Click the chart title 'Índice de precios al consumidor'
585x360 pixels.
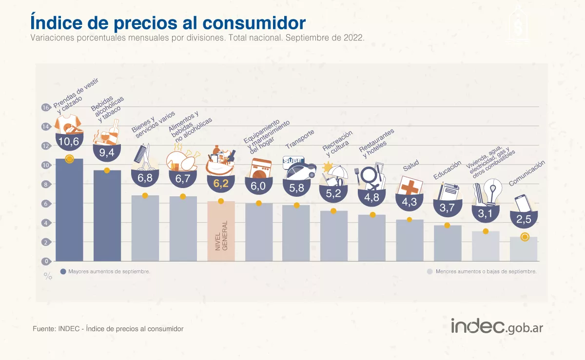click(x=168, y=22)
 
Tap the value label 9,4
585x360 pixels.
click(x=107, y=153)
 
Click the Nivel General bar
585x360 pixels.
click(x=221, y=231)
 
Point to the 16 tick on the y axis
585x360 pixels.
click(x=46, y=108)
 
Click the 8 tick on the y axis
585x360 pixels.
click(x=46, y=185)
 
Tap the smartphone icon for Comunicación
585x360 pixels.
click(x=522, y=203)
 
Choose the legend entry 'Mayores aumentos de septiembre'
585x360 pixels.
click(x=105, y=271)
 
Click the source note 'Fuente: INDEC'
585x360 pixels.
click(x=108, y=329)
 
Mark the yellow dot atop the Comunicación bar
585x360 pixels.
click(x=525, y=237)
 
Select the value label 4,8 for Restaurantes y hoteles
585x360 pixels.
click(x=371, y=197)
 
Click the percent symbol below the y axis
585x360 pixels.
click(x=48, y=276)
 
